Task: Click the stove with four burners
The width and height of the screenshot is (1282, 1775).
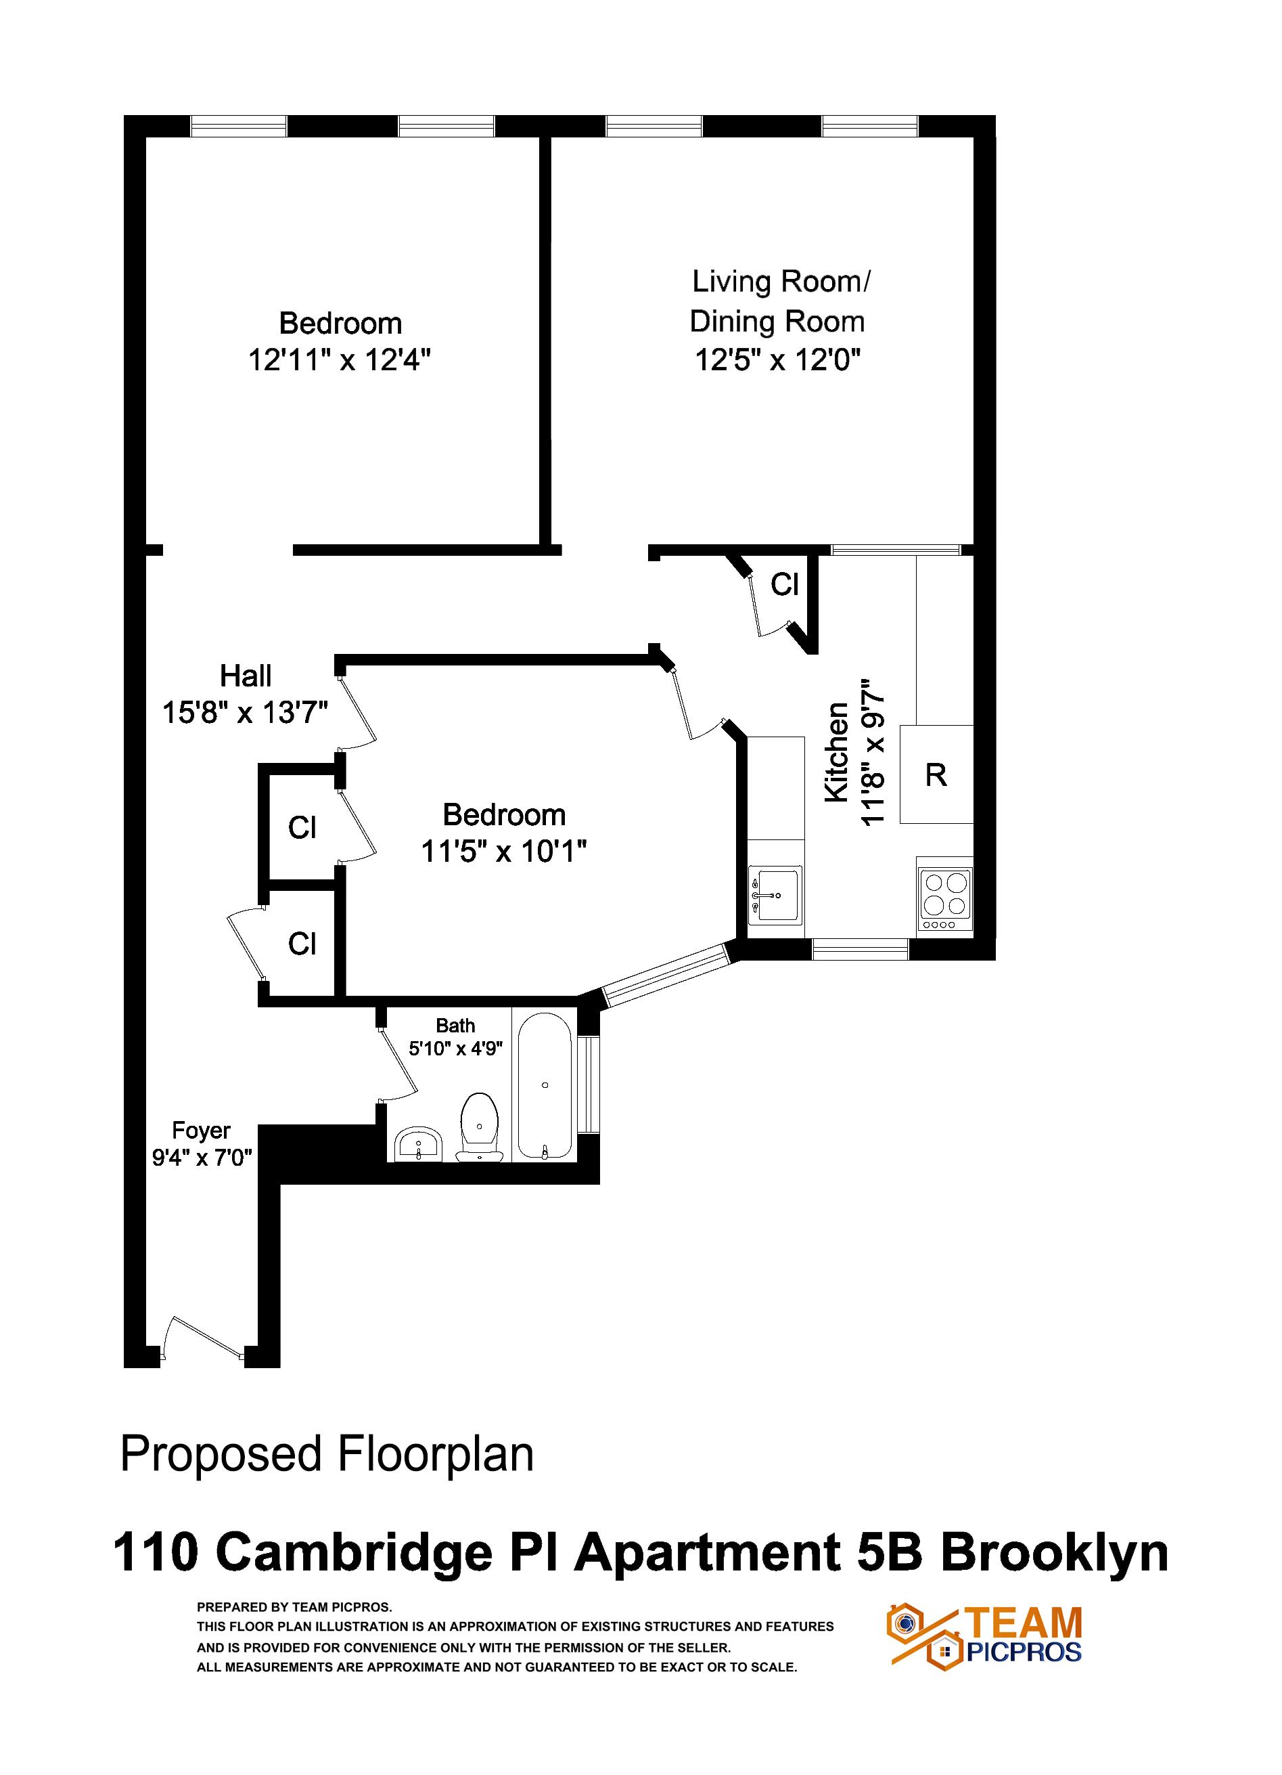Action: tap(945, 900)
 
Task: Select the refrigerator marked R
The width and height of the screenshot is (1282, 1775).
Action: tap(936, 775)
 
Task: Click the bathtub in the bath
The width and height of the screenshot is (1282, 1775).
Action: tap(545, 1085)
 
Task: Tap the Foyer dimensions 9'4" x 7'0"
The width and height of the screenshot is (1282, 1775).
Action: tap(202, 1157)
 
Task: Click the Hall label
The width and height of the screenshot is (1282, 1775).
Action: tap(246, 676)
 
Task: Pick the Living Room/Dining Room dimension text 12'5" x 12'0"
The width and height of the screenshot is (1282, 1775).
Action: tap(777, 361)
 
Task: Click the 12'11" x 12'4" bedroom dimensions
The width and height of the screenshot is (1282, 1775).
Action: tap(340, 361)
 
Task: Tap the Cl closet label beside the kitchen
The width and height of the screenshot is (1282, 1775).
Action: tap(785, 584)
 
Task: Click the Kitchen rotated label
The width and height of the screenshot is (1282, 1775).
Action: tap(837, 752)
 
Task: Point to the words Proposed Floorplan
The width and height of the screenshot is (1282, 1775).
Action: tap(327, 1454)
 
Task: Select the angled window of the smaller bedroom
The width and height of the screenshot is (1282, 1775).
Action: tap(666, 975)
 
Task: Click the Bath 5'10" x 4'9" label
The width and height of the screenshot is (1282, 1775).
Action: tap(455, 1037)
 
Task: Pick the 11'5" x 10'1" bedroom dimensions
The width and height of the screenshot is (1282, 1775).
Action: tap(504, 852)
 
